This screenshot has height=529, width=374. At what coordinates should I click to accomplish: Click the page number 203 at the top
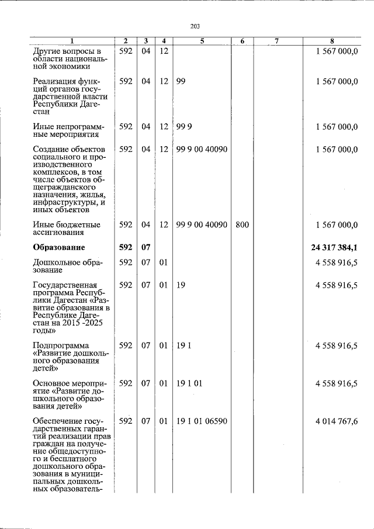[195, 26]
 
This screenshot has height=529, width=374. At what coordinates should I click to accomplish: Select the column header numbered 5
[202, 41]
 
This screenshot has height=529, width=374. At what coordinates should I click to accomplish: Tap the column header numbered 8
[332, 41]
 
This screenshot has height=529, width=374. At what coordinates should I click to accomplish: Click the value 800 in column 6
[242, 224]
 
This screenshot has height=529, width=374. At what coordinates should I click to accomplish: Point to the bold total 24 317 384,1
[335, 247]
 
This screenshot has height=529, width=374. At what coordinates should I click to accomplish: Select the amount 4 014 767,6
[337, 421]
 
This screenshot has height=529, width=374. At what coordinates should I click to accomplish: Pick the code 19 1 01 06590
[202, 421]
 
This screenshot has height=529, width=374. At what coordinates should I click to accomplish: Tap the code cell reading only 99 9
[183, 126]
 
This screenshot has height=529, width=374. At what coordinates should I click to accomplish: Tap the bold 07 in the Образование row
[146, 247]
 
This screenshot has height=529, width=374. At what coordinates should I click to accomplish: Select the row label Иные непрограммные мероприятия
[69, 130]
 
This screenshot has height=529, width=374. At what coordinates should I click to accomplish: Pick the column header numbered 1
[72, 41]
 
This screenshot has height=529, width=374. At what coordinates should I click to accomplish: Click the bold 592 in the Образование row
[126, 247]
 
